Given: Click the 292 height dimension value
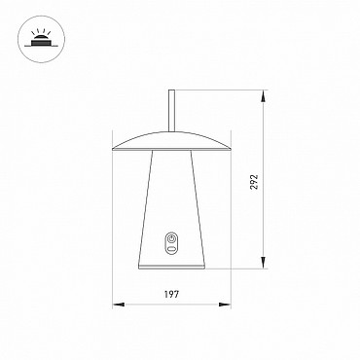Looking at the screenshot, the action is click(255, 182).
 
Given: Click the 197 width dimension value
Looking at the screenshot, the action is click(171, 295).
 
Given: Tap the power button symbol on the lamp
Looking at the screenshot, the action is click(171, 239).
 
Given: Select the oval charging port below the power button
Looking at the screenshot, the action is click(171, 249).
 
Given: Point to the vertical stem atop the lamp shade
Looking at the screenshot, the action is click(172, 111).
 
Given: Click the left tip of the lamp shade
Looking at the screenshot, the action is click(112, 149).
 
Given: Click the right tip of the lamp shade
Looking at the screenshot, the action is click(231, 149).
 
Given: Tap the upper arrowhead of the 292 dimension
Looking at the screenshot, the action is click(264, 96).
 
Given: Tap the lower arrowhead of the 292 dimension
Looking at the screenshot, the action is click(264, 263).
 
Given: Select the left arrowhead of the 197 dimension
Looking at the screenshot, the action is click(119, 305).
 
